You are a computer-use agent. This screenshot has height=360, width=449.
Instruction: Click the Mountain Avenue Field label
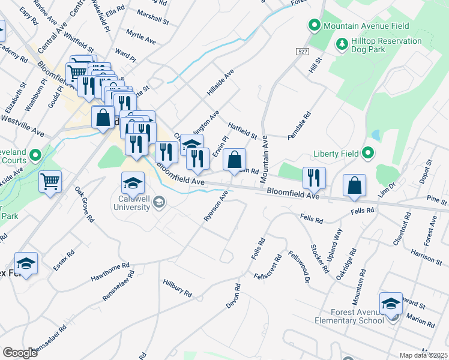coord(366,26)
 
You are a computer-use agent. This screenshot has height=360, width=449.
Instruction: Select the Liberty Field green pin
coord(367,154)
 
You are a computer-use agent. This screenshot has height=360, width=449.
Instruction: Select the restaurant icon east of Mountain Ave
coord(314,177)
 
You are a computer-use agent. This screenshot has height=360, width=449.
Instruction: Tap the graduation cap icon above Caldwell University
coord(133,182)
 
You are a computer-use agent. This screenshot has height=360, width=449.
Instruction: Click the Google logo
coord(20,353)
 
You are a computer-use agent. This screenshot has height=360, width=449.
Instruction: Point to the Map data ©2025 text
coord(423,355)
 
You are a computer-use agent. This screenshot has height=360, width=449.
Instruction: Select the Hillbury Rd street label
coord(177,288)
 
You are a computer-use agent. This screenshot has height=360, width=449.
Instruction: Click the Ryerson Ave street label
coord(217,206)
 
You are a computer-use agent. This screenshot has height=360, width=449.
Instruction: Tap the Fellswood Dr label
coord(298,267)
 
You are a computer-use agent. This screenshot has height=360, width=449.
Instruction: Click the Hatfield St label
coord(243,131)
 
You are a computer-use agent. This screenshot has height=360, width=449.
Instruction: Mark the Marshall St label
coord(152,16)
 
